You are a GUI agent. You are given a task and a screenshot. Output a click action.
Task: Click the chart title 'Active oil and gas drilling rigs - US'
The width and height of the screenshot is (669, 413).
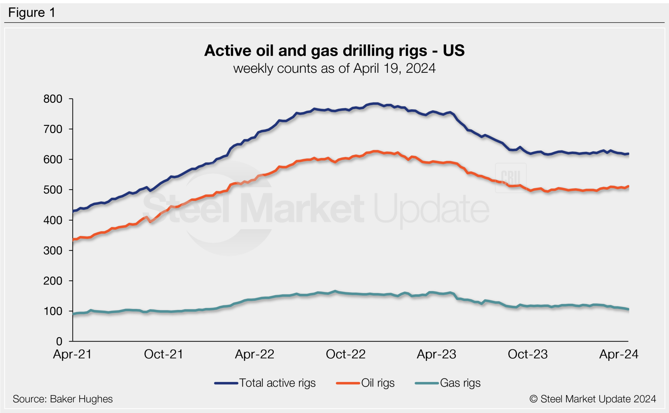[x=334, y=51]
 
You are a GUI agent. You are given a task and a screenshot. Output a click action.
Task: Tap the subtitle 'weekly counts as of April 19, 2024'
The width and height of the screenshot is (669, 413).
[x=334, y=69]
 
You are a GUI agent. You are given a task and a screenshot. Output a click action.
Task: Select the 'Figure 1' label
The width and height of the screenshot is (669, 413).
[x=32, y=13]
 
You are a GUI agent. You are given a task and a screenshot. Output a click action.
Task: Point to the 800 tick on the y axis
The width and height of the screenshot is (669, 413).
[x=53, y=99]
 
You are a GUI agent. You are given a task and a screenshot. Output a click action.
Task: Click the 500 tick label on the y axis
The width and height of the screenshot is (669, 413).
[x=53, y=190]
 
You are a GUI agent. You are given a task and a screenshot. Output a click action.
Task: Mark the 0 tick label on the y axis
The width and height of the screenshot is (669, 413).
[x=59, y=342]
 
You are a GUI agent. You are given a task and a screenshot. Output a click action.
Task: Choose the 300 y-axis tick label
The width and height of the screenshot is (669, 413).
[x=53, y=251]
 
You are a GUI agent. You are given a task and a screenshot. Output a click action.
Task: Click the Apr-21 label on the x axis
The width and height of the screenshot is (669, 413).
[x=72, y=354]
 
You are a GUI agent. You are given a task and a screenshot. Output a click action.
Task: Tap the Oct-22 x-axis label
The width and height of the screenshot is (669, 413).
[x=346, y=354]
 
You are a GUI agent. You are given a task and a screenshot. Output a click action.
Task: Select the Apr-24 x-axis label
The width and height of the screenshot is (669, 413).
[x=618, y=354]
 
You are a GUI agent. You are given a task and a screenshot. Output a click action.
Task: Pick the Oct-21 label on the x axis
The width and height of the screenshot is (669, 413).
[x=163, y=354]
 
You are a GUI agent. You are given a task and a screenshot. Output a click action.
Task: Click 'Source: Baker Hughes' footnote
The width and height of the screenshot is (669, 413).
[x=63, y=399]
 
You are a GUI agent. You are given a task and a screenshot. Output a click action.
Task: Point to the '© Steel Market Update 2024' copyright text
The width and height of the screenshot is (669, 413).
[x=593, y=399]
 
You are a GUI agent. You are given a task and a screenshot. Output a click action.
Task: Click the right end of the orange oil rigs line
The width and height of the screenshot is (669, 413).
[x=628, y=187]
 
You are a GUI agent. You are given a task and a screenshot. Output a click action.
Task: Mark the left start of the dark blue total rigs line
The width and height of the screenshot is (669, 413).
[x=73, y=211]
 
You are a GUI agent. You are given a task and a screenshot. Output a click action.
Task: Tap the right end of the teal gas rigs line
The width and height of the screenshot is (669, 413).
[x=628, y=309]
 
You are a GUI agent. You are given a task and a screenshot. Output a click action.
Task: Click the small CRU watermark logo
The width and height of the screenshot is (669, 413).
[x=511, y=178]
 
